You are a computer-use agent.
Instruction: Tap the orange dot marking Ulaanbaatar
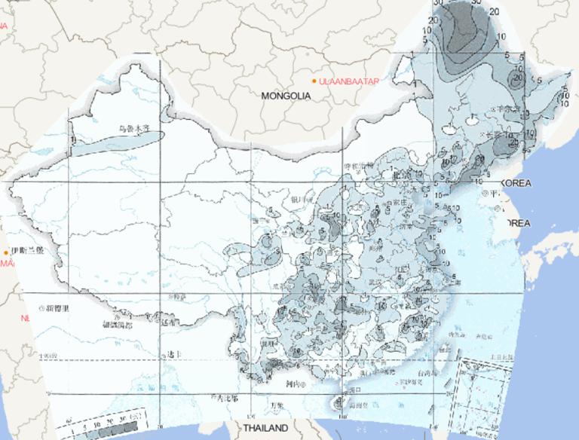(315, 80)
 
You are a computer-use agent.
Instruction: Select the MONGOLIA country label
(286, 96)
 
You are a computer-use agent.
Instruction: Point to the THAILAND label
(265, 428)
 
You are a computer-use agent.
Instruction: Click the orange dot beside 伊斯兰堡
(6, 252)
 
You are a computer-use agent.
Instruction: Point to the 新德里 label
(57, 309)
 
